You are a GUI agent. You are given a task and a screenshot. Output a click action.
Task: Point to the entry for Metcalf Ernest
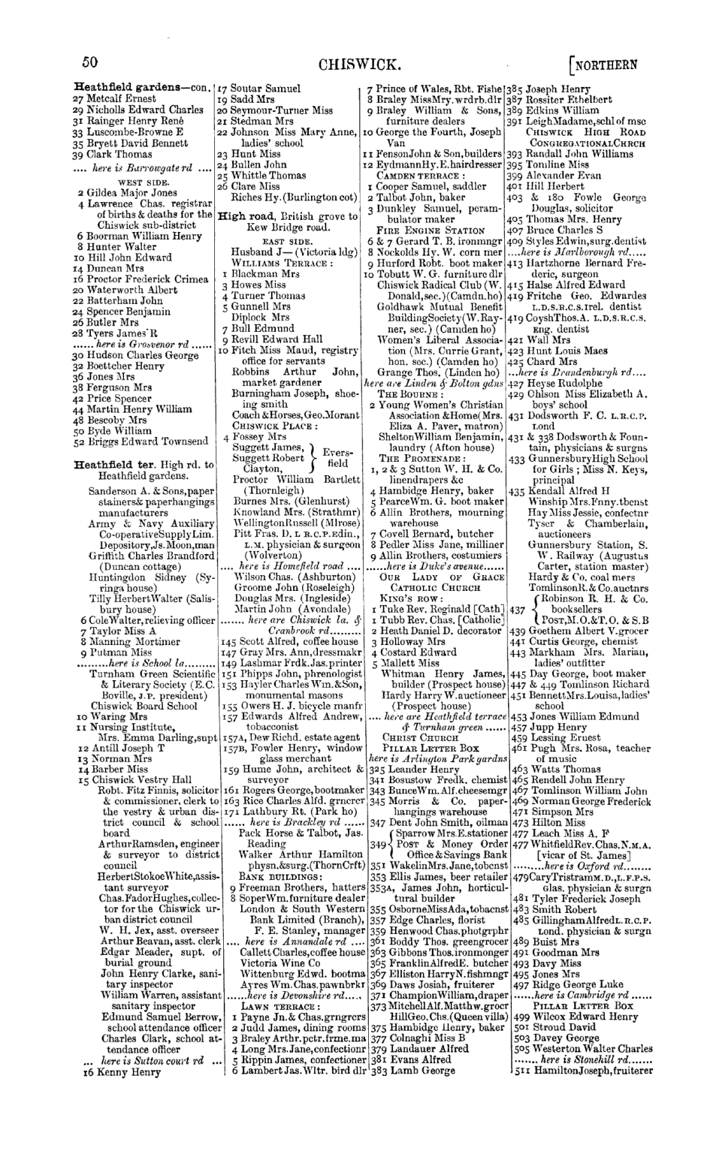pos(114,98)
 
